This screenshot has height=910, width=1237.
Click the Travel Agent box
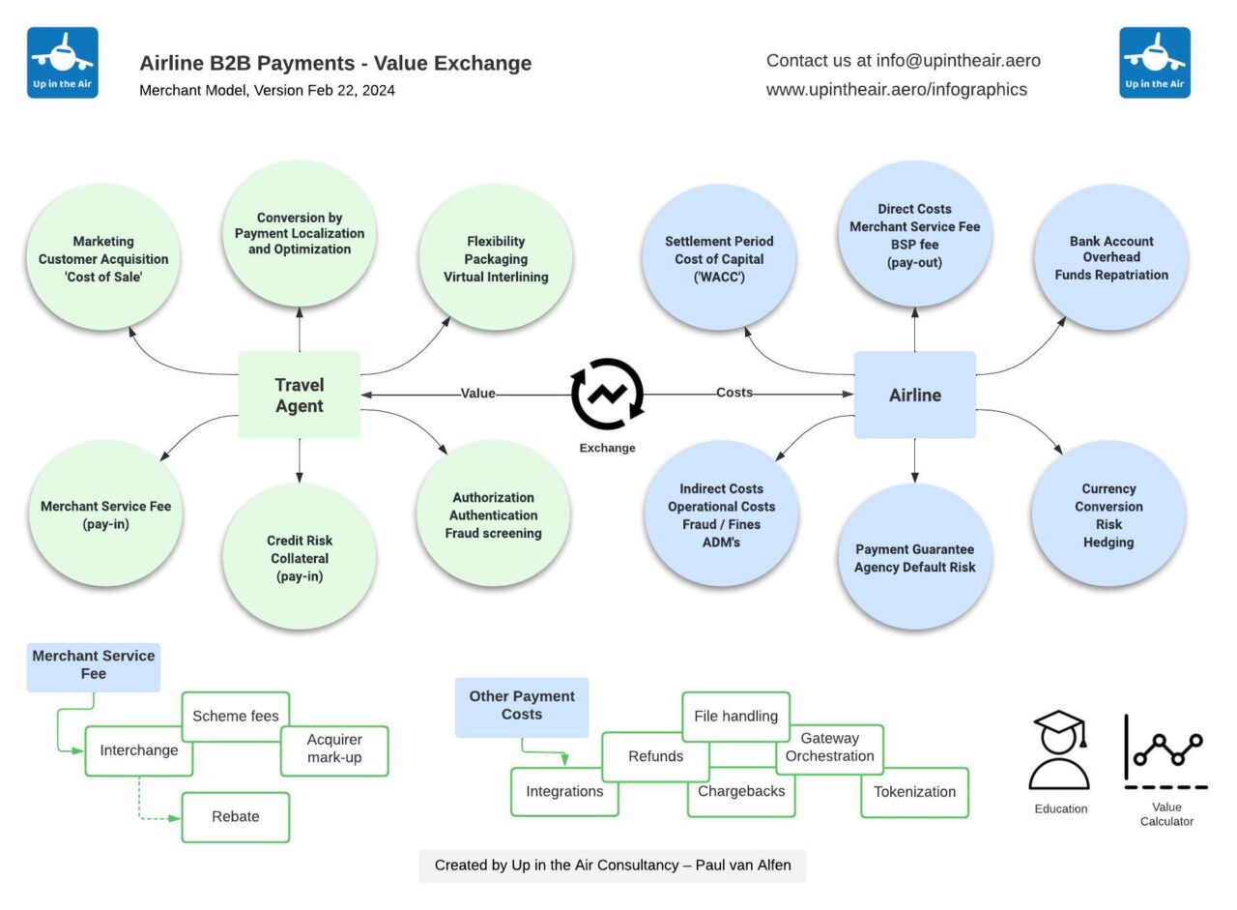[300, 396]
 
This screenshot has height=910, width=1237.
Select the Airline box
[914, 396]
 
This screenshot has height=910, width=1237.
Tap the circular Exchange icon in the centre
[607, 395]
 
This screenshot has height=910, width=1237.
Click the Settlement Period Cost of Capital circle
[719, 258]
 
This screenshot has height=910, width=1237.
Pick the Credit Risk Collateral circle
[300, 558]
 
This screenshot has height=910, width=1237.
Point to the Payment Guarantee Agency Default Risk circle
[914, 558]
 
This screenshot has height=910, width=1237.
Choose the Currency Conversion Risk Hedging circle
[1108, 514]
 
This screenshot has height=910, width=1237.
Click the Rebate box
[236, 817]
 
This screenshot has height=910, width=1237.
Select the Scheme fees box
[236, 717]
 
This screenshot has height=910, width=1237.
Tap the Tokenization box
[914, 792]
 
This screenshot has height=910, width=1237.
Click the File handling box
[736, 717]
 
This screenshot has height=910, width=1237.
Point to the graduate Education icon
[1060, 751]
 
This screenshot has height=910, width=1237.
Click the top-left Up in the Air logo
[63, 63]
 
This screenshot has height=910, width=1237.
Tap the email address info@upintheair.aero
[958, 61]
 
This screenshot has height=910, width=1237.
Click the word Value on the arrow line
[477, 394]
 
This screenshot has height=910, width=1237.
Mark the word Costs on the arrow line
[734, 393]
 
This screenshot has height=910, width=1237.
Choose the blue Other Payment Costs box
[522, 707]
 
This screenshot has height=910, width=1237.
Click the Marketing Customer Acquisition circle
[103, 258]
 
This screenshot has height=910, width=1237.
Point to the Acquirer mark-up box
[334, 750]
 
